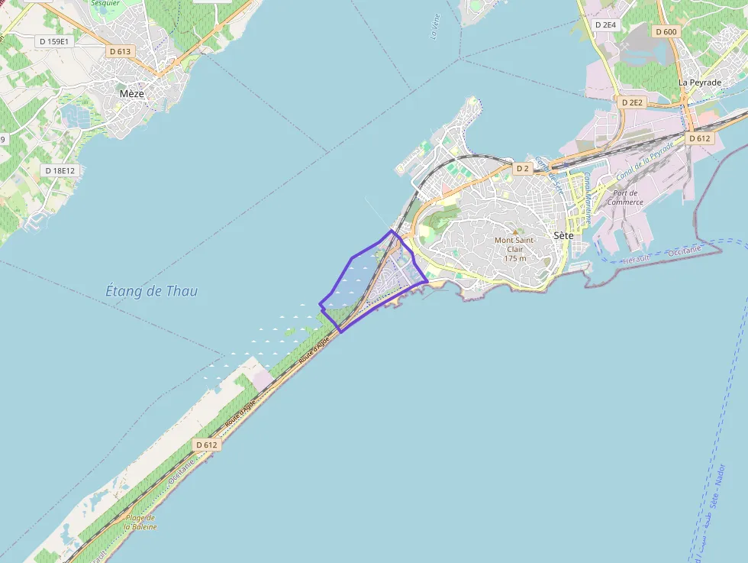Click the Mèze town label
click(131, 93)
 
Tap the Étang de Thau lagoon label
click(151, 291)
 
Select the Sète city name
click(563, 236)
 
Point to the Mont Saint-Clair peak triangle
click(514, 231)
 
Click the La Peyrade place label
click(700, 83)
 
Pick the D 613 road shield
click(121, 51)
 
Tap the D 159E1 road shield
click(55, 40)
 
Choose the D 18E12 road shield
click(60, 170)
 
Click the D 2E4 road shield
click(605, 24)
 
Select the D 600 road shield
click(666, 31)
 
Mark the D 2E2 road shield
click(633, 102)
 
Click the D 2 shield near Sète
click(522, 168)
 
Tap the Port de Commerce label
click(625, 197)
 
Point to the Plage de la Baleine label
click(141, 523)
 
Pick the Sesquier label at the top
click(106, 3)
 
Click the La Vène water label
click(435, 27)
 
